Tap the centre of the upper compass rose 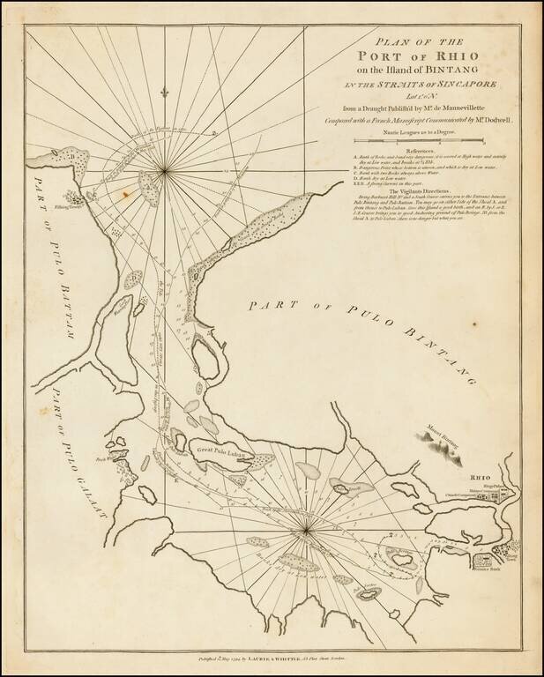166,169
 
